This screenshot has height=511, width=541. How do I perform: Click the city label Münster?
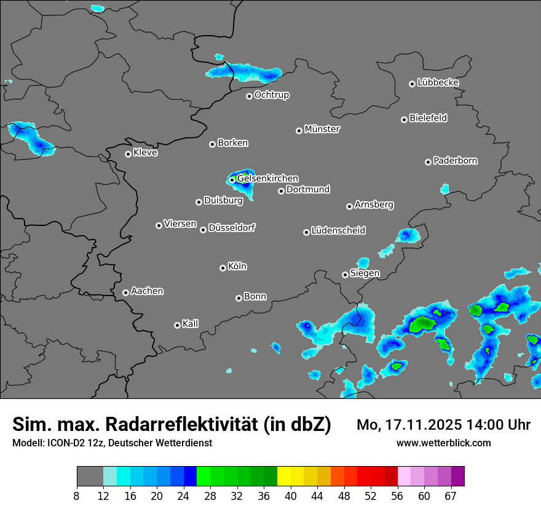[322, 129]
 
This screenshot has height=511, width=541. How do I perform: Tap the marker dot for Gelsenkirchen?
[232, 180]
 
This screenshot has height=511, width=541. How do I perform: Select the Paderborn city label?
[455, 161]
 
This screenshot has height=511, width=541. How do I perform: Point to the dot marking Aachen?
[125, 292]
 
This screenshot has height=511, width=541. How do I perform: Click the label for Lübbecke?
[438, 82]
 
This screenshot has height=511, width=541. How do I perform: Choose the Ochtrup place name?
[271, 95]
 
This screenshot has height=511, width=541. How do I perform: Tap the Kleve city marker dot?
[128, 154]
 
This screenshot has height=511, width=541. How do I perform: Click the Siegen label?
[365, 273]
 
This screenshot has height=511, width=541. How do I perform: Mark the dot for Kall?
[177, 325]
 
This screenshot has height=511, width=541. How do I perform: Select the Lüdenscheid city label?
[338, 231]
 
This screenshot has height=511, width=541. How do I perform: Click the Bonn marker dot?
[239, 298]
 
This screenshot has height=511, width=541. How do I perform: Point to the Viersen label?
[180, 224]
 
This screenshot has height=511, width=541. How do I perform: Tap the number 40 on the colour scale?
[291, 496]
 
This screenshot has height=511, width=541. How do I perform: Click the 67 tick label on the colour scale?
[451, 496]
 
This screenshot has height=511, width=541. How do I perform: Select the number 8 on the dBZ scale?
[77, 496]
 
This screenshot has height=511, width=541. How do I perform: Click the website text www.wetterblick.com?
[443, 443]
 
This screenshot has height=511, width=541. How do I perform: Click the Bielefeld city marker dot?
[404, 119]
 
